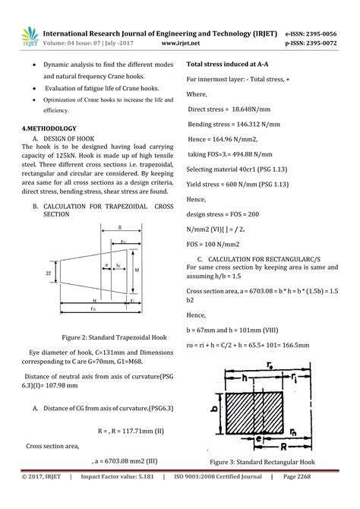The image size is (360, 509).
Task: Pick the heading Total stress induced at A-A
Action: click(231, 65)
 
